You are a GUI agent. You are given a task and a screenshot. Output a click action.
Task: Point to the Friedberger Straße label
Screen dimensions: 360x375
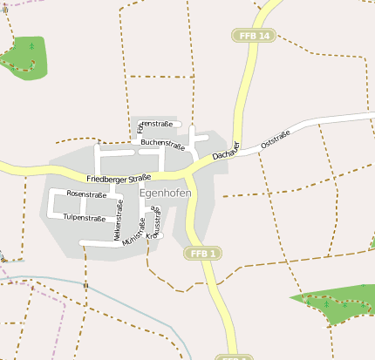tap(119, 178)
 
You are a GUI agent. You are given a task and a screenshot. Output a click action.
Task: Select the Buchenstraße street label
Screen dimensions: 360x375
tap(163, 143)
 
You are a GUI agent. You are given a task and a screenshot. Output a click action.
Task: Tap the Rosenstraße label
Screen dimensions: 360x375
tap(86, 194)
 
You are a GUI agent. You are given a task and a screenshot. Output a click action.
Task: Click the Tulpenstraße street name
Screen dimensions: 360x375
tap(84, 218)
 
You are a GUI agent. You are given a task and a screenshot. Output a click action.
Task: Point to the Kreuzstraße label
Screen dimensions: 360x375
tap(154, 223)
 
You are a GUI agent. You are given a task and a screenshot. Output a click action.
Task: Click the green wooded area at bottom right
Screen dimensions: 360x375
tap(336, 306)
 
